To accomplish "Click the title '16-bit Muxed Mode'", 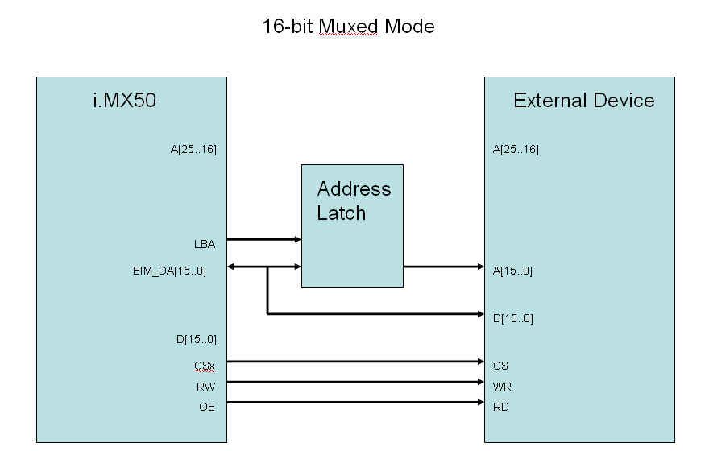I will pyautogui.click(x=348, y=26).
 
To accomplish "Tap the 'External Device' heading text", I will pyautogui.click(x=583, y=101).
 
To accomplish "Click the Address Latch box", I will pyautogui.click(x=352, y=225).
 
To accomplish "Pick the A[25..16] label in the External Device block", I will pyautogui.click(x=516, y=149).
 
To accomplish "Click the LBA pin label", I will pyautogui.click(x=205, y=243).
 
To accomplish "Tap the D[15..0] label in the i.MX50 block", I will pyautogui.click(x=197, y=339).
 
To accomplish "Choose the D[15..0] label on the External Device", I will pyautogui.click(x=512, y=318).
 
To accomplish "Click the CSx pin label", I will pyautogui.click(x=205, y=366).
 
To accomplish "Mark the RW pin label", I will pyautogui.click(x=206, y=387).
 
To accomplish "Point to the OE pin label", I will pyautogui.click(x=207, y=407).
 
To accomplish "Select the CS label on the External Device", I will pyautogui.click(x=500, y=366).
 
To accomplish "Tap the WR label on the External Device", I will pyautogui.click(x=501, y=387).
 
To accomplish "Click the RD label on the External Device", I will pyautogui.click(x=501, y=407).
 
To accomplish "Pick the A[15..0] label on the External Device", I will pyautogui.click(x=512, y=271).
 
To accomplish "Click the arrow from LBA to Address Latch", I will pyautogui.click(x=263, y=239).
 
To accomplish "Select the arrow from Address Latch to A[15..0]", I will pyautogui.click(x=443, y=267).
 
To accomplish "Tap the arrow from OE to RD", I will pyautogui.click(x=354, y=402).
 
